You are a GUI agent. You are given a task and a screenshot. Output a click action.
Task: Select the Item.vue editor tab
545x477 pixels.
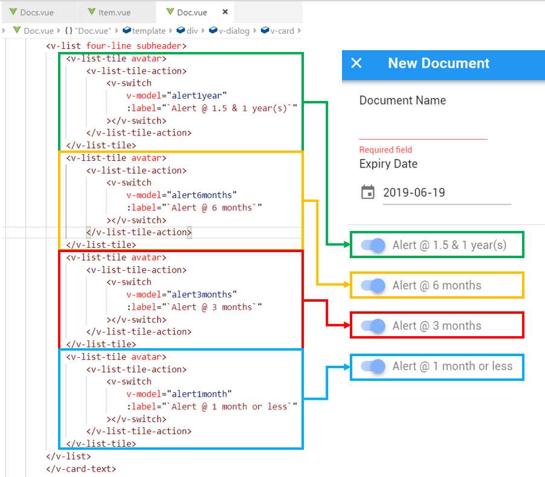114,12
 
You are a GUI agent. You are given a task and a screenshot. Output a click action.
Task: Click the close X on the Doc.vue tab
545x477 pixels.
225,12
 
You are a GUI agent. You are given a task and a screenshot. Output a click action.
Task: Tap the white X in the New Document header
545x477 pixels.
356,63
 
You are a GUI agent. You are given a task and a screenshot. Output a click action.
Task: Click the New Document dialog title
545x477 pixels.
439,63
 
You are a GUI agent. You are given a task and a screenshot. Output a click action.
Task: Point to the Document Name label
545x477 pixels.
402,100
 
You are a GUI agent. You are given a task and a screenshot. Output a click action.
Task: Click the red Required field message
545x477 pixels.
385,150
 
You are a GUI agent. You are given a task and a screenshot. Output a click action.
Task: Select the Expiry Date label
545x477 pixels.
388,164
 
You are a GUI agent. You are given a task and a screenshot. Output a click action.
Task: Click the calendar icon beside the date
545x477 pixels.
367,192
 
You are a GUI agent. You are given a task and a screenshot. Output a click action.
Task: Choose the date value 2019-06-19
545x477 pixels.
414,193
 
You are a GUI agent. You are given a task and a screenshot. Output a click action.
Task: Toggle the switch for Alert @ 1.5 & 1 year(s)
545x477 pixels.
373,245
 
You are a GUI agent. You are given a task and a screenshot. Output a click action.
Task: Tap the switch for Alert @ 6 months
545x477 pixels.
373,285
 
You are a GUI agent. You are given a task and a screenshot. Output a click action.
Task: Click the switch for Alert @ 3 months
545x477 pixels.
373,326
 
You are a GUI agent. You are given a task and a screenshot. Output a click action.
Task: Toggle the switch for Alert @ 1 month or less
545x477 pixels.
373,366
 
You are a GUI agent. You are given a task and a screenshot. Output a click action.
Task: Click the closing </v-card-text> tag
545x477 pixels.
81,469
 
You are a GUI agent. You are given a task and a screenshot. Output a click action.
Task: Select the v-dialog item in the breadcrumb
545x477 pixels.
233,31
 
